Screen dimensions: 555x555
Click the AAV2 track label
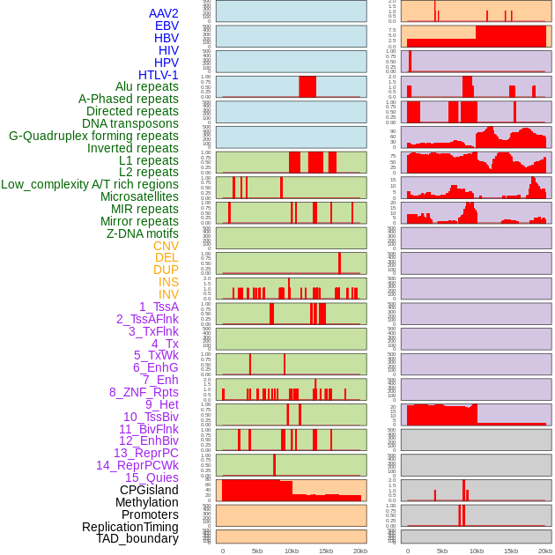coord(163,13)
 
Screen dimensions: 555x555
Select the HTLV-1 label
coord(158,75)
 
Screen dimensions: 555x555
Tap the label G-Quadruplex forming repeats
coord(93,136)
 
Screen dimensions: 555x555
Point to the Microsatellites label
coord(139,196)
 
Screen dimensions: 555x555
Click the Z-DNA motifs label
coord(142,233)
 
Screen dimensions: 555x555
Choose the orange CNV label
coord(166,246)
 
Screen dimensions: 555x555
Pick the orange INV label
coord(168,294)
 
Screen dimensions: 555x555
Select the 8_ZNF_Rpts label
coord(144,392)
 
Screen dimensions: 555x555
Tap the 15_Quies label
coord(152,477)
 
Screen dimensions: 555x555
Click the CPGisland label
coord(149,490)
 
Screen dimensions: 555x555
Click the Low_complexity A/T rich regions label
coord(90,184)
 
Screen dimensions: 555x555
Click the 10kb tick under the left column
coord(292,551)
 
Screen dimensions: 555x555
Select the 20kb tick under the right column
coord(545,551)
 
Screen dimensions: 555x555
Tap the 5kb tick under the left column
coord(257,551)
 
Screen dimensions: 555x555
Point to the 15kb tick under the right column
coord(511,551)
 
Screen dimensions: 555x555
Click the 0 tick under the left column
coord(222,551)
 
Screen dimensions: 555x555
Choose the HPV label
coord(166,63)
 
